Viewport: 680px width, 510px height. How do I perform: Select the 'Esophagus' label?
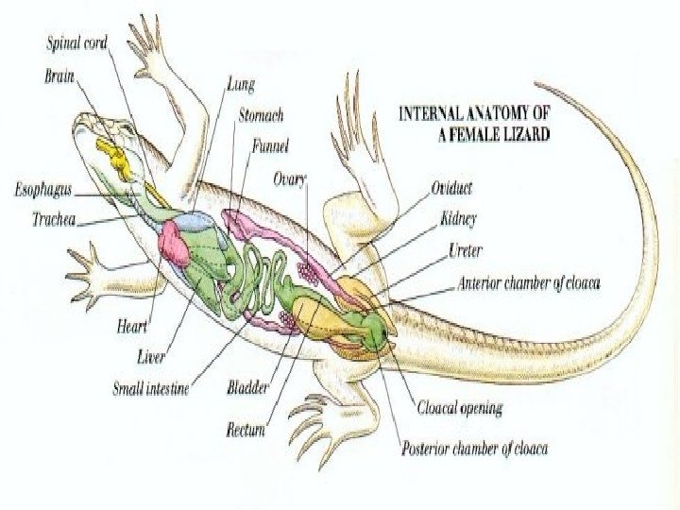click(x=42, y=190)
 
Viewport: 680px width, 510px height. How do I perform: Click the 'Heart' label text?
click(x=130, y=327)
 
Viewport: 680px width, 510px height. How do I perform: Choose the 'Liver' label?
click(x=151, y=357)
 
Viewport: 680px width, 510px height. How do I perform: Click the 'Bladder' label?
click(x=248, y=387)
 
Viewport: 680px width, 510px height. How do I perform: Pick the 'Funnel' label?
click(x=270, y=145)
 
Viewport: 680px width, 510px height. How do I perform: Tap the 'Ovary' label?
click(x=289, y=177)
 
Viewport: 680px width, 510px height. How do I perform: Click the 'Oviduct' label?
click(x=452, y=188)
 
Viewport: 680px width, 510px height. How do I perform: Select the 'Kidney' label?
click(x=458, y=219)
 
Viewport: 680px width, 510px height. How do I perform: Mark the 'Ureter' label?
click(x=466, y=251)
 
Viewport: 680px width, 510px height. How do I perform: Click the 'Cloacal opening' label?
click(x=460, y=409)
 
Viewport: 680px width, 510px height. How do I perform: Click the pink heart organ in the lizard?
click(x=175, y=245)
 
